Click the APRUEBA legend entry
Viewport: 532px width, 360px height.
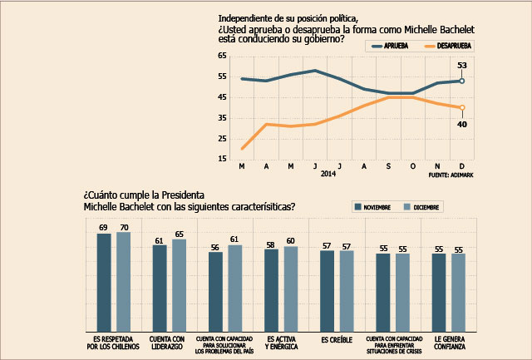(x=383, y=46)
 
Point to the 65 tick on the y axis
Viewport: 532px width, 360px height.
(x=222, y=56)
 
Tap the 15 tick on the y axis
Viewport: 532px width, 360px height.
(x=222, y=159)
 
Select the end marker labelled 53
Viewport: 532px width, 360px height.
(x=462, y=81)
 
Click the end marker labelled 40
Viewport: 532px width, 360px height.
(x=462, y=107)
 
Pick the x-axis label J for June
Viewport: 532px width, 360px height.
(x=315, y=166)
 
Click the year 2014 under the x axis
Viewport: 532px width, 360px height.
(x=328, y=175)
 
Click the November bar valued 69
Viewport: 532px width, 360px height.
(x=104, y=283)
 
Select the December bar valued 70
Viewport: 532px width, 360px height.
(x=123, y=282)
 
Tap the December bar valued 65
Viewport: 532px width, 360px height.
(x=179, y=286)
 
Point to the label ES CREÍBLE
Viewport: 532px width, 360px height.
(x=337, y=340)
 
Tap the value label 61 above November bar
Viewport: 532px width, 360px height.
(x=159, y=239)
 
